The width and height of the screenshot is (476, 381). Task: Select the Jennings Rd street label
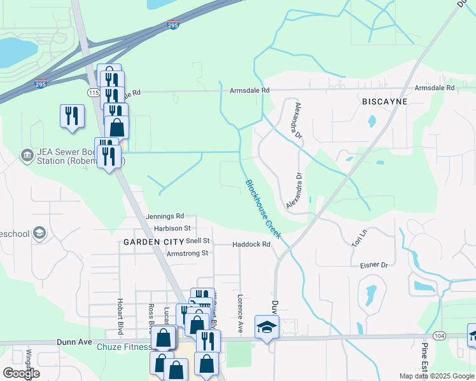tap(165, 217)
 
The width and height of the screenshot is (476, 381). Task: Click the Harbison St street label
tap(172, 228)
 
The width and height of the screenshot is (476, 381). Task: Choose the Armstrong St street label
tap(187, 253)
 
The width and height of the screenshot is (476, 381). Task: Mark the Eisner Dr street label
tap(374, 265)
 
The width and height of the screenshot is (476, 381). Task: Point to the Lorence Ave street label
tap(241, 314)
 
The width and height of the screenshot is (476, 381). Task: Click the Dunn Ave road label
tap(76, 342)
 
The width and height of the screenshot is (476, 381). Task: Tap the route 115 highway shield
tap(94, 93)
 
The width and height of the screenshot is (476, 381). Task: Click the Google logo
tap(21, 373)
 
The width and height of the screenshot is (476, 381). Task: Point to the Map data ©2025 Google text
tap(436, 376)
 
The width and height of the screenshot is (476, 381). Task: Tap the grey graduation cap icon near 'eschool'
tap(39, 234)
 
